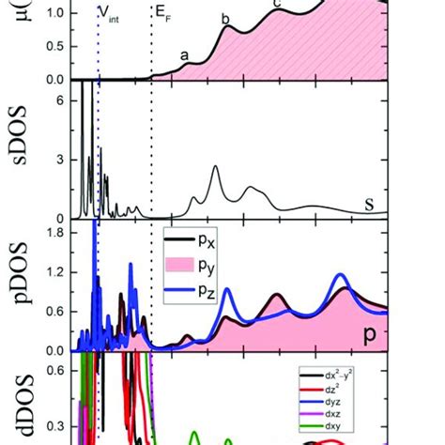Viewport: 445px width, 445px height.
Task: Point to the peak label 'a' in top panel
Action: pyautogui.click(x=185, y=55)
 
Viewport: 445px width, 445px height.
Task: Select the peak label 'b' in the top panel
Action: pyautogui.click(x=225, y=19)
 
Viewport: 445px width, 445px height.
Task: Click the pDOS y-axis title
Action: pyautogui.click(x=17, y=283)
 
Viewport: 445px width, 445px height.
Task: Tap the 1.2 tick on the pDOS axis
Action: pyautogui.click(x=56, y=272)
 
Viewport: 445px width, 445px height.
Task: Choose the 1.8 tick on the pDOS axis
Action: pyautogui.click(x=56, y=232)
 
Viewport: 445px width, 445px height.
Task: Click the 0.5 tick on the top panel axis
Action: pyautogui.click(x=56, y=47)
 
